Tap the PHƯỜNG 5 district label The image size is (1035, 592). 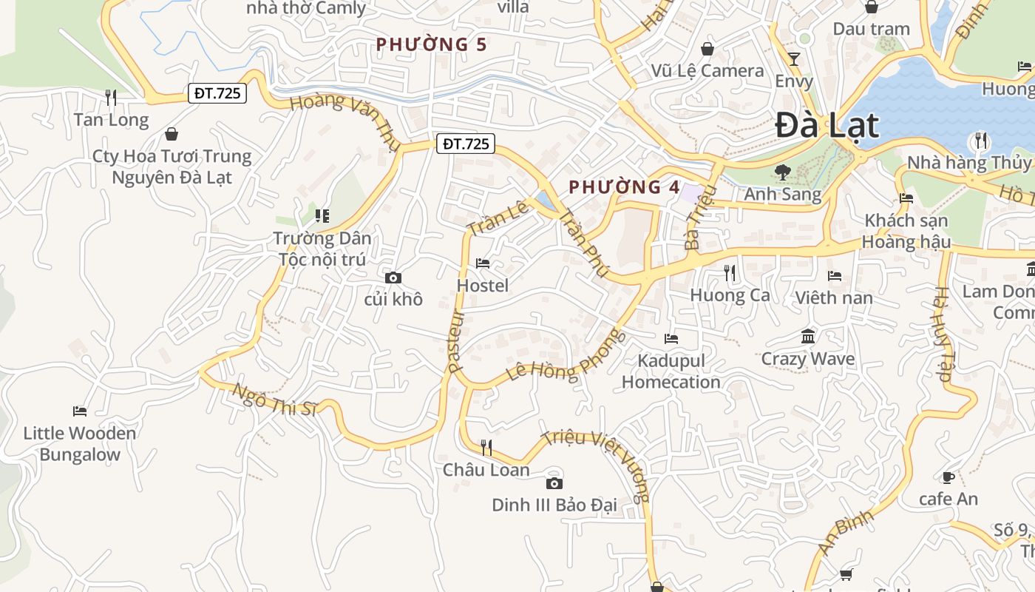point(431,44)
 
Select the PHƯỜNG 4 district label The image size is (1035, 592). point(625,187)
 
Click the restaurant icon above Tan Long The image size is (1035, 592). point(111,97)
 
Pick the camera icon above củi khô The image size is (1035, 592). point(393,277)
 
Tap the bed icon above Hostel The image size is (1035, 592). point(483,263)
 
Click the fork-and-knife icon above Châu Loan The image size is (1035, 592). point(486,447)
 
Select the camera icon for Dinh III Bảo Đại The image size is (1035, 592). point(554,483)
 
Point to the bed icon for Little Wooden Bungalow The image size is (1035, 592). point(80,411)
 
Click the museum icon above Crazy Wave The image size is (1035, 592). point(808,337)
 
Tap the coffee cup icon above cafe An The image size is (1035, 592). point(949,477)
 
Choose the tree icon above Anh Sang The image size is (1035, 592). point(782,172)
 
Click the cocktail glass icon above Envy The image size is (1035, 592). point(794,59)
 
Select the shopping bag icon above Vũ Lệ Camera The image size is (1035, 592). point(707,49)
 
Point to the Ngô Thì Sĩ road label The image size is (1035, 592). point(274,399)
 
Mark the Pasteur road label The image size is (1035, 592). point(456,341)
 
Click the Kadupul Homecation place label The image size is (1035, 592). point(671,371)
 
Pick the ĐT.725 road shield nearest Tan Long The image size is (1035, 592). point(217,93)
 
